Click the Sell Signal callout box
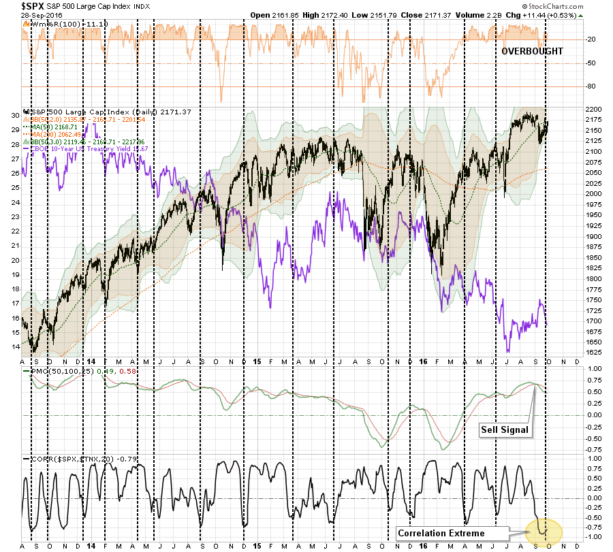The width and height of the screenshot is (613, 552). (x=503, y=429)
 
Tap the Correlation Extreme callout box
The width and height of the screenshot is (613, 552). (x=441, y=533)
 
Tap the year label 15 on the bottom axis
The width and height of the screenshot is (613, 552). (x=254, y=361)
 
